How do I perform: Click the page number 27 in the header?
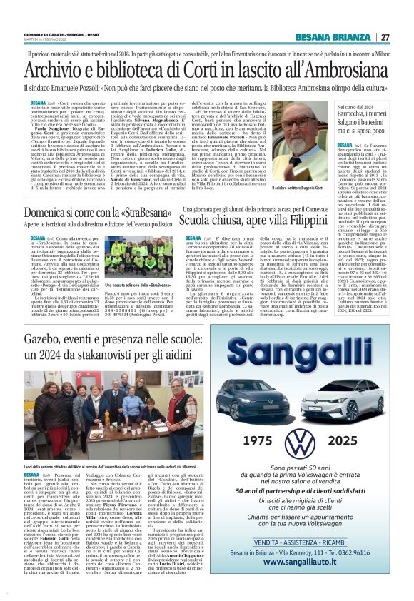coord(385,37)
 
